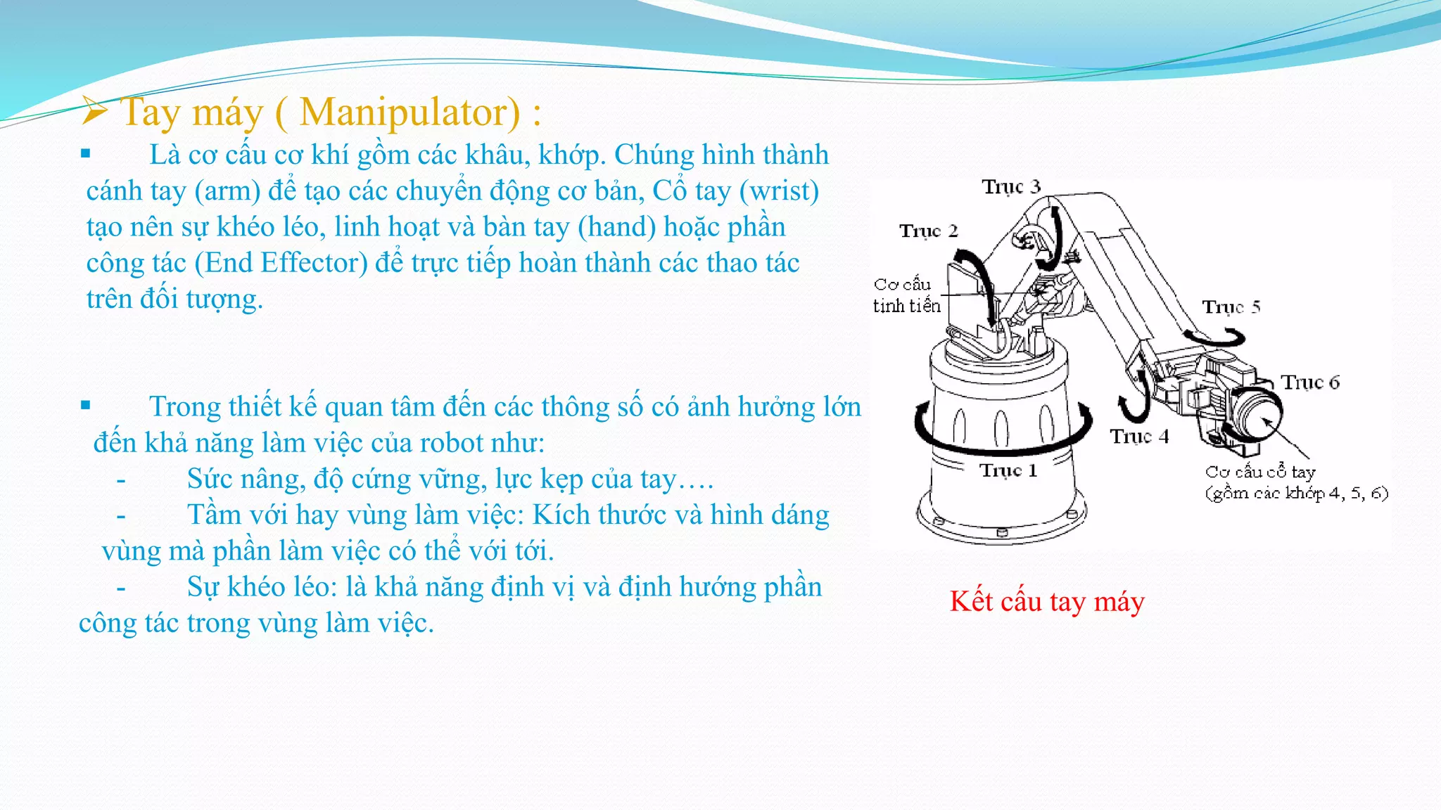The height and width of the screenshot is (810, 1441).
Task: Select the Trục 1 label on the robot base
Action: click(x=1008, y=470)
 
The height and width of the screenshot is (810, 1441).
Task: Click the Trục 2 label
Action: click(x=928, y=231)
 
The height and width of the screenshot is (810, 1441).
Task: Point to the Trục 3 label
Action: click(x=1011, y=186)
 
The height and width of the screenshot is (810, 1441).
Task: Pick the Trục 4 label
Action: click(x=1138, y=437)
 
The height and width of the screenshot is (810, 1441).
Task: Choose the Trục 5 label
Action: click(x=1231, y=307)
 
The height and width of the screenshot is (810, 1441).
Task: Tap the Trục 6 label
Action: click(x=1309, y=382)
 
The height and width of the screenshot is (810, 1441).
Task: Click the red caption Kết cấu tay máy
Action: click(x=1047, y=602)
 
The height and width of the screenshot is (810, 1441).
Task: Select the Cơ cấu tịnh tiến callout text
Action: click(x=906, y=295)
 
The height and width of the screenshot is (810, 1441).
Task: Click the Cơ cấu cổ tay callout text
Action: click(x=1259, y=472)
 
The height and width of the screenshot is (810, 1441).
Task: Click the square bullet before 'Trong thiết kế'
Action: click(x=86, y=405)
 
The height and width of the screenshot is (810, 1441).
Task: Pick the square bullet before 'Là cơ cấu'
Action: click(x=86, y=153)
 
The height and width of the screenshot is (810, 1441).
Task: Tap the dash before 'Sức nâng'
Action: click(x=121, y=480)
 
